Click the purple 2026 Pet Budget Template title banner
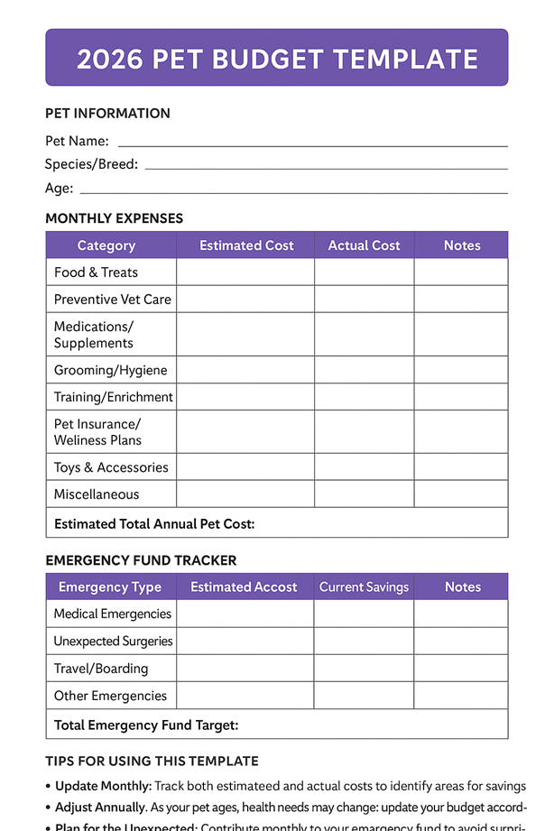277,59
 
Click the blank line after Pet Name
312,144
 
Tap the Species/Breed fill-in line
326,168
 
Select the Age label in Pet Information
59,189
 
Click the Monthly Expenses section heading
114,218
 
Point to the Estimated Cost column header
246,245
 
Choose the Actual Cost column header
364,245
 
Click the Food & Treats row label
96,272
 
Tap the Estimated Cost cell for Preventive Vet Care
245,300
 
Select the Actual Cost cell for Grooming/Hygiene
364,371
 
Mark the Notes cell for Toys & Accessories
461,467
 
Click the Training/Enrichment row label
113,397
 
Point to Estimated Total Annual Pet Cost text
154,523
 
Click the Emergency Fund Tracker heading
141,560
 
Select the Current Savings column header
364,587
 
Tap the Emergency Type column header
110,587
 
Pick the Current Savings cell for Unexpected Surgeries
364,642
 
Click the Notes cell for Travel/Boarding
461,669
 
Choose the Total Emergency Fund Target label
146,725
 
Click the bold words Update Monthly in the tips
102,787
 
